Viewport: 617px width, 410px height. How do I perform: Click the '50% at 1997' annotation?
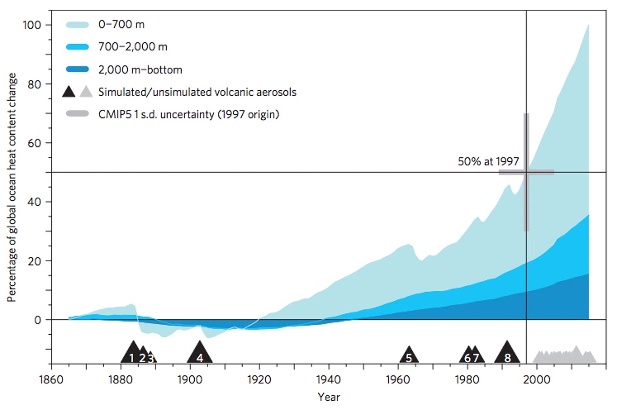click(x=488, y=161)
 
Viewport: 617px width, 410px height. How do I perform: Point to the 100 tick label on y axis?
click(x=32, y=25)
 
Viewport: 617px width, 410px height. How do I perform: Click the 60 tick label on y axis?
click(x=34, y=143)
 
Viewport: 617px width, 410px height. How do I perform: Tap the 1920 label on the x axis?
click(x=259, y=380)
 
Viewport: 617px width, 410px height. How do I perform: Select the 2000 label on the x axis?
click(x=536, y=380)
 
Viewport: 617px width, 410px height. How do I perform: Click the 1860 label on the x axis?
click(x=51, y=380)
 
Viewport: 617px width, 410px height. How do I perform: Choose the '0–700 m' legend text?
click(x=121, y=25)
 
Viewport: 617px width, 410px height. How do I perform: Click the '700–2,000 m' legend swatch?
click(x=78, y=47)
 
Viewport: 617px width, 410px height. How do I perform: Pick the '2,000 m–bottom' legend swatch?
click(x=78, y=69)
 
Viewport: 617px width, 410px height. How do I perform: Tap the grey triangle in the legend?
click(x=86, y=92)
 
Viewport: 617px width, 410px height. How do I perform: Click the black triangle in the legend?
click(x=69, y=92)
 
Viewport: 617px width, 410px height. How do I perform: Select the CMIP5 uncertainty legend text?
click(x=189, y=115)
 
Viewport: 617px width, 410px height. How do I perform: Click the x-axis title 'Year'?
click(x=329, y=397)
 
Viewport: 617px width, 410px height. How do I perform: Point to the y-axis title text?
click(x=12, y=187)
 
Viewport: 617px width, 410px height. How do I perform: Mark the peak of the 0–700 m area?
click(x=588, y=25)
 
